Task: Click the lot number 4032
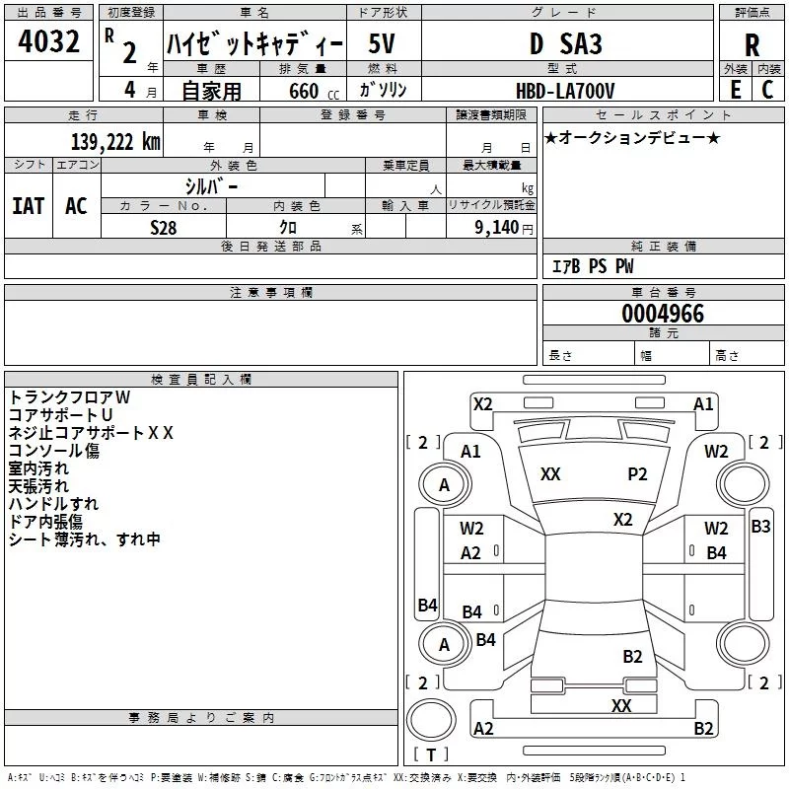(x=48, y=41)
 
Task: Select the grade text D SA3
(x=565, y=43)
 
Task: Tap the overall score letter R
(x=752, y=45)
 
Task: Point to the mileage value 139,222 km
(x=115, y=142)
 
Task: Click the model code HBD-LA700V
(x=565, y=91)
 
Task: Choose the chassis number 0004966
(x=663, y=314)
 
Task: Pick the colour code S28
(x=164, y=228)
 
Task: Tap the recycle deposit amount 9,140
(x=496, y=228)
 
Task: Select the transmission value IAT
(x=29, y=206)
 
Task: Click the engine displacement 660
(x=304, y=91)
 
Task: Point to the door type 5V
(x=382, y=43)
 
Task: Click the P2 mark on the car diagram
(x=637, y=474)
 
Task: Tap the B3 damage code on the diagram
(x=760, y=527)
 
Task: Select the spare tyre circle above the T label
(x=431, y=720)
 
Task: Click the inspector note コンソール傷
(x=54, y=451)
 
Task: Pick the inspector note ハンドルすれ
(x=53, y=504)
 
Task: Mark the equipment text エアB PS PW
(x=593, y=266)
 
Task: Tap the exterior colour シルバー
(x=211, y=186)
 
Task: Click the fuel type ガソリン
(x=383, y=90)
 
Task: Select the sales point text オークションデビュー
(x=632, y=137)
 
